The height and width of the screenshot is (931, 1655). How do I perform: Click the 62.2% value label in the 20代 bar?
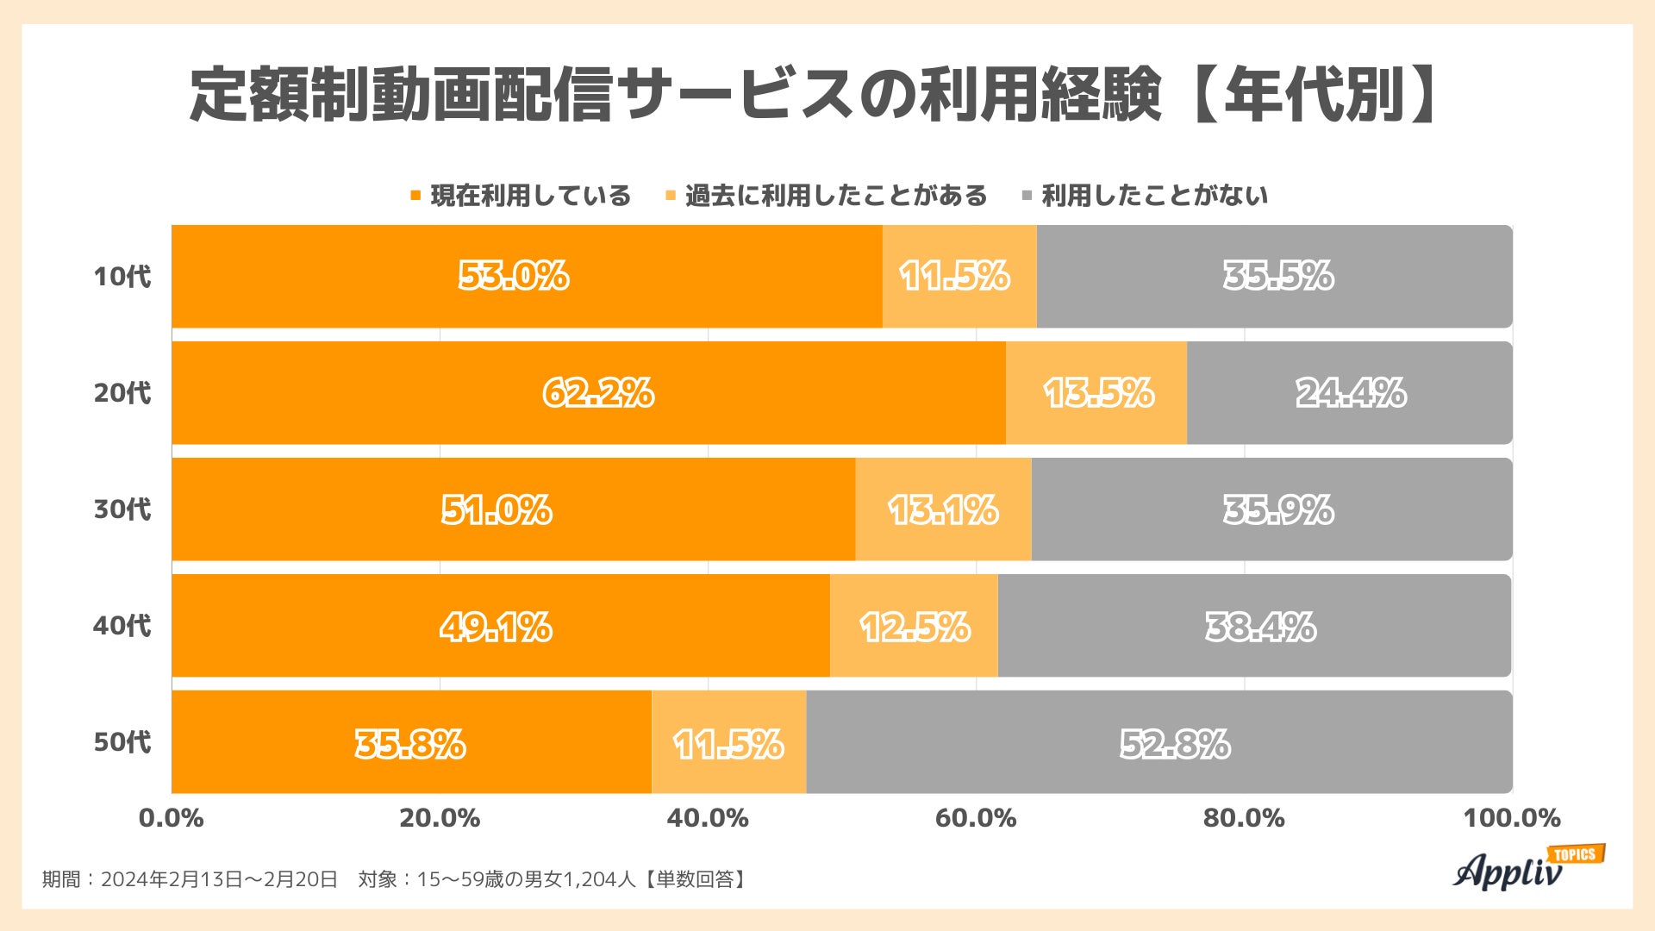[x=597, y=393]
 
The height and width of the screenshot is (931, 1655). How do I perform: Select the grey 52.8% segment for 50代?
[x=1159, y=742]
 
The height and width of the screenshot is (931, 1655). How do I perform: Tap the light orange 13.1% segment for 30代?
[x=943, y=509]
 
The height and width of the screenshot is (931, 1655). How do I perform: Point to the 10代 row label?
[x=122, y=277]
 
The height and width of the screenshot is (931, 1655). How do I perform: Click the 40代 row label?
[x=122, y=626]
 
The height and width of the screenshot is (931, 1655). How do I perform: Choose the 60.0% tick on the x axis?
[x=976, y=818]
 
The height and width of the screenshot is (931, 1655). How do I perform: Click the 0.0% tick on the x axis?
[x=172, y=818]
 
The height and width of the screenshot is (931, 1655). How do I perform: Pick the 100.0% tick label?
[x=1511, y=818]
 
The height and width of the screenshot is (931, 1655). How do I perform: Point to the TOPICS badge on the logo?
[x=1576, y=854]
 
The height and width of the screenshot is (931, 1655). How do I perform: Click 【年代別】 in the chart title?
[x=1314, y=93]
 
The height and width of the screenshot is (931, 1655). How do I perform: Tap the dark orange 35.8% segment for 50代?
[x=410, y=742]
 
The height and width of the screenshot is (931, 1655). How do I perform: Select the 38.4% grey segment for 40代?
[x=1259, y=626]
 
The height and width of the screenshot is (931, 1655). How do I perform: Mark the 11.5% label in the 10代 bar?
[x=954, y=277]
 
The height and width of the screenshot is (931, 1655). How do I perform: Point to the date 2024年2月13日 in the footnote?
[x=171, y=879]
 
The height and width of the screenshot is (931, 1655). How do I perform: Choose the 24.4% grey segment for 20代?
[x=1350, y=393]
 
